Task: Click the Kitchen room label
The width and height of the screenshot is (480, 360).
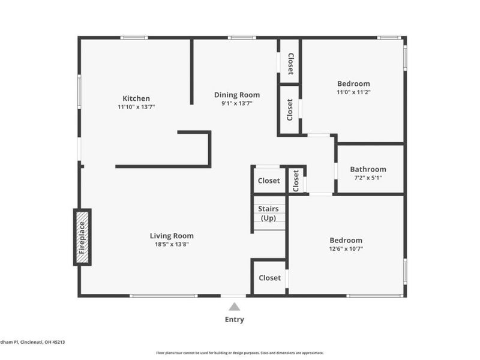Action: point(136,98)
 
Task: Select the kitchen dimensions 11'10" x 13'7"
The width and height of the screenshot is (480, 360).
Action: point(136,107)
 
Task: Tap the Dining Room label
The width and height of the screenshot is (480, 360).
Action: point(237,95)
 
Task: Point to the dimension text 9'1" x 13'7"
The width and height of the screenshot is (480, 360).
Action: point(237,103)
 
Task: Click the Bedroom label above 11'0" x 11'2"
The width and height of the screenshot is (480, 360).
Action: point(353,83)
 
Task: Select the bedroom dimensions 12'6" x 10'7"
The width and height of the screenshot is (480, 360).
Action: point(345,248)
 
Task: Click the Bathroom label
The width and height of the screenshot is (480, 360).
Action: point(368,169)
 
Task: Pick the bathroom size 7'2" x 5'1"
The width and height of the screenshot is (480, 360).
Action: point(368,178)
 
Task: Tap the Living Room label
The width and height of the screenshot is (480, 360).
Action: point(172,236)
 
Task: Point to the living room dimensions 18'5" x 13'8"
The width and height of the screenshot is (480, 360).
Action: point(172,244)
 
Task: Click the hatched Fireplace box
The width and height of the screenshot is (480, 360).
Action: point(82,237)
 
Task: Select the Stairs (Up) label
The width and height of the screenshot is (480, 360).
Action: point(268,213)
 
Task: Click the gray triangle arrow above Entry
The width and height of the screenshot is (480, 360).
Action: point(234,307)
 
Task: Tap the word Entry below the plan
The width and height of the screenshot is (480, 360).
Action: point(234,320)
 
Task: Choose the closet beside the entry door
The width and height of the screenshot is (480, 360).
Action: point(269,278)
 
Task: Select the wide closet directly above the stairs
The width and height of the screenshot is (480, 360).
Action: point(268,181)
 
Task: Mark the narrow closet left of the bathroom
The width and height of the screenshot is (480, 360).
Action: point(296,181)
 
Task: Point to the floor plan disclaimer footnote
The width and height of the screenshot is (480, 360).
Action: point(240,353)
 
